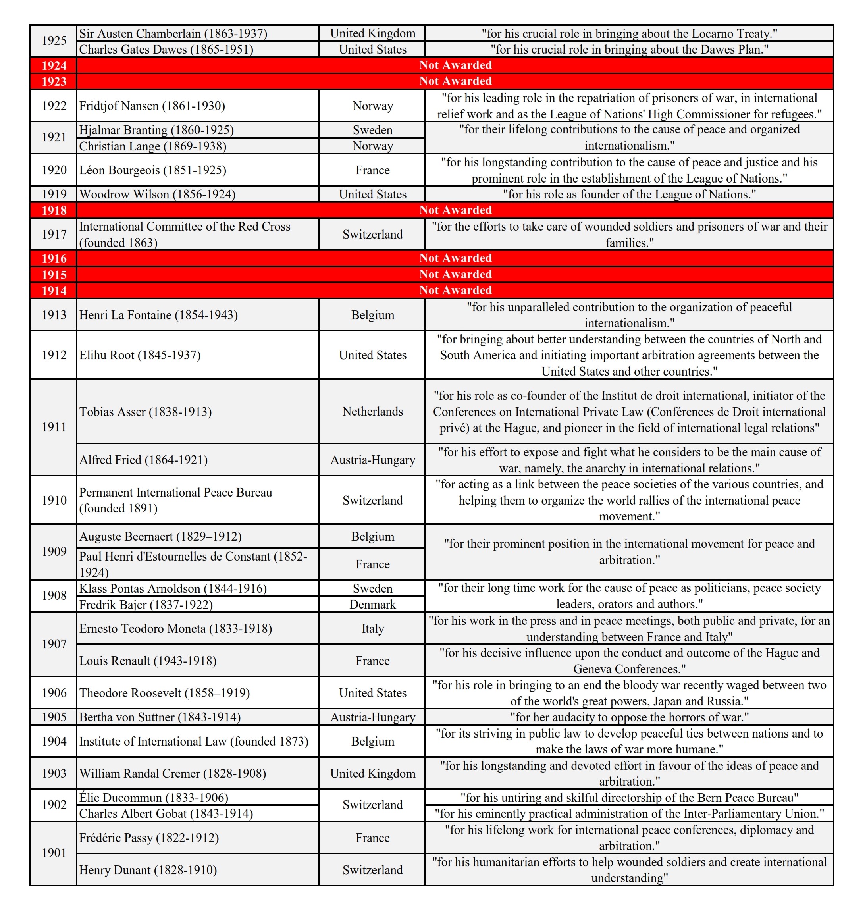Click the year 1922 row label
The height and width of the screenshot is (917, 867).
tap(54, 106)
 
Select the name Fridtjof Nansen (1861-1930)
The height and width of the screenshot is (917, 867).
tap(152, 106)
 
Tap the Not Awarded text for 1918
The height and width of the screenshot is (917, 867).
tap(455, 210)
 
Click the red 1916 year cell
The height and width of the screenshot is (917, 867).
tap(54, 258)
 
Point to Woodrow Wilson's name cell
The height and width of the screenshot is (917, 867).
tap(157, 194)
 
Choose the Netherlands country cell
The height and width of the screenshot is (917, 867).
tap(372, 411)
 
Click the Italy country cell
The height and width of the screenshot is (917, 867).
tap(372, 628)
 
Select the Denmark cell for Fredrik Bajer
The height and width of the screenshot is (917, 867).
tap(372, 605)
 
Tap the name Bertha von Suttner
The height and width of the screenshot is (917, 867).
tap(160, 717)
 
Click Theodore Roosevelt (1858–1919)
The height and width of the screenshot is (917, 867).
tap(164, 693)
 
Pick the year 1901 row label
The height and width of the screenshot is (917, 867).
tap(54, 853)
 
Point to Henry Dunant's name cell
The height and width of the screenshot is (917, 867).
tap(148, 870)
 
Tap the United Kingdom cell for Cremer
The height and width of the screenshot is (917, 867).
tap(372, 773)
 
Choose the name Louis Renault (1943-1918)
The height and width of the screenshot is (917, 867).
tap(148, 661)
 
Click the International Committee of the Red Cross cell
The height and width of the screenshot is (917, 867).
tap(185, 234)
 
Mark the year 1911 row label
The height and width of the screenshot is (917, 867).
tap(54, 427)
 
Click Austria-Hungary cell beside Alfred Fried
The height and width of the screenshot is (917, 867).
tap(372, 460)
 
